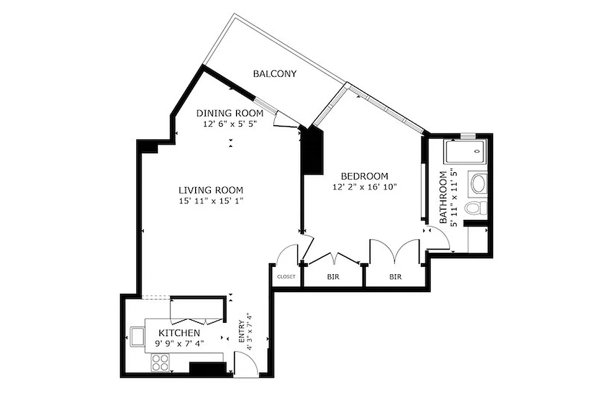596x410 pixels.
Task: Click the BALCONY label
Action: [x=275, y=74]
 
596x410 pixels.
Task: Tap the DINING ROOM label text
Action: [x=230, y=113]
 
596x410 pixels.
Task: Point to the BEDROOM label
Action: [x=364, y=176]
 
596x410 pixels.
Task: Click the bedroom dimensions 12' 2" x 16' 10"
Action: [x=364, y=187]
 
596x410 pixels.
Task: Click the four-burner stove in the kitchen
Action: [x=161, y=363]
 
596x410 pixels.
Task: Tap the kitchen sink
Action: [x=138, y=337]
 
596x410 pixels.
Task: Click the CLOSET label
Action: [x=286, y=277]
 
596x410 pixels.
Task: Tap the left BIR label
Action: [x=333, y=277]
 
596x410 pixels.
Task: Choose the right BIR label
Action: [x=395, y=277]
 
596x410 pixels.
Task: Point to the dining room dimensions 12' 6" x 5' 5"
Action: [x=230, y=124]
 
